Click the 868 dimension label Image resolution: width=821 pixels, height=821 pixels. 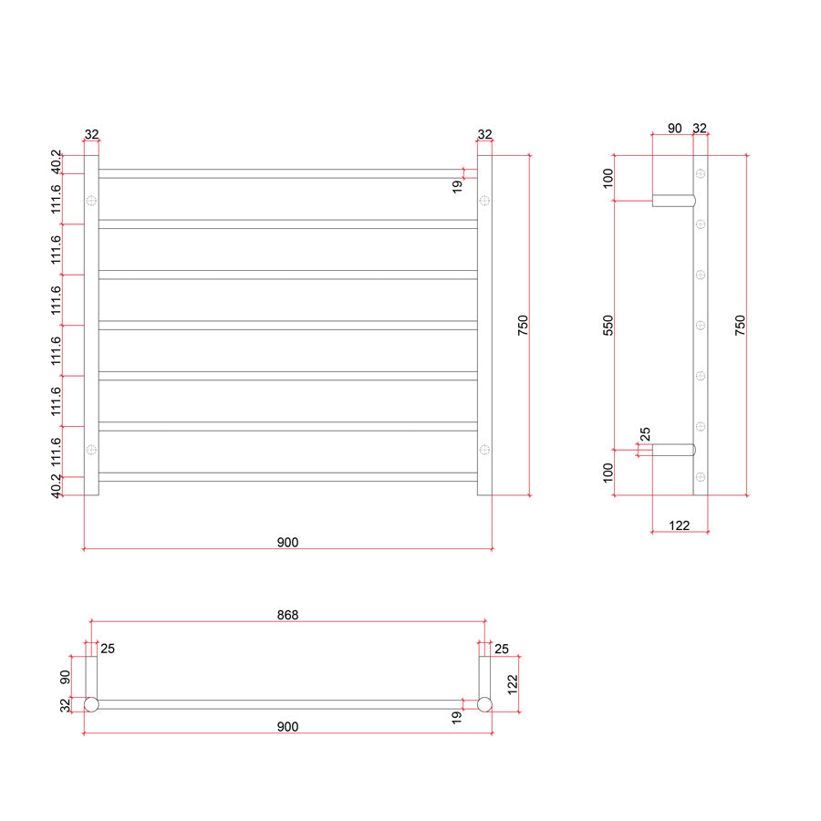pyautogui.click(x=287, y=615)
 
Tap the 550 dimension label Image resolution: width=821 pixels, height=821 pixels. pyautogui.click(x=608, y=325)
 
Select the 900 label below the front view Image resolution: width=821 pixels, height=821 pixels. pyautogui.click(x=287, y=543)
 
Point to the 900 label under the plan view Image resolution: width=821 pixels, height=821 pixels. pyautogui.click(x=287, y=727)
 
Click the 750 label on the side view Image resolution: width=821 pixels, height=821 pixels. pyautogui.click(x=740, y=325)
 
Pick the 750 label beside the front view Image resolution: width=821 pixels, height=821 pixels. pyautogui.click(x=523, y=325)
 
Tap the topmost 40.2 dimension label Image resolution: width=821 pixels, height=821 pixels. pyautogui.click(x=56, y=161)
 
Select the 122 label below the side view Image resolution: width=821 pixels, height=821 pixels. pyautogui.click(x=679, y=525)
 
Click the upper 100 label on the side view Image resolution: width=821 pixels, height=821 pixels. pyautogui.click(x=608, y=178)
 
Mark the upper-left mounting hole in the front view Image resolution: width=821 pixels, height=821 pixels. pyautogui.click(x=91, y=201)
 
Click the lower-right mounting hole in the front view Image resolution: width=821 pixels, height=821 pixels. pyautogui.click(x=484, y=450)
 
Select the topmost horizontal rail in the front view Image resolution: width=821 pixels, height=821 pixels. pyautogui.click(x=288, y=174)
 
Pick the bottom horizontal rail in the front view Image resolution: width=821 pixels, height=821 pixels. pyautogui.click(x=288, y=477)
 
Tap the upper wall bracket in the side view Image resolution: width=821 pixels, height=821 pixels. pyautogui.click(x=674, y=201)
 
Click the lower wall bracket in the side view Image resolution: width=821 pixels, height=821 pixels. pyautogui.click(x=674, y=450)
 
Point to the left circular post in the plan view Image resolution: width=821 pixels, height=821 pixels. pyautogui.click(x=91, y=705)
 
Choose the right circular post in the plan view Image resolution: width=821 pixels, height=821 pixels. pyautogui.click(x=485, y=705)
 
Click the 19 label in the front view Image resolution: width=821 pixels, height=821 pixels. pyautogui.click(x=457, y=187)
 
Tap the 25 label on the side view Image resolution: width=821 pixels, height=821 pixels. pyautogui.click(x=645, y=434)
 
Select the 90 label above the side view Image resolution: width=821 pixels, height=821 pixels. pyautogui.click(x=675, y=129)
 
